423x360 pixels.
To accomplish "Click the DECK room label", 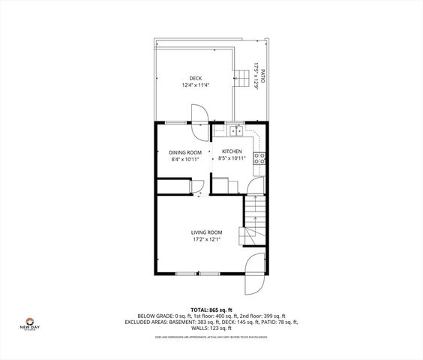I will tap(195, 78).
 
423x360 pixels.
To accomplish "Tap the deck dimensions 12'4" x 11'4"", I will tap(195, 85).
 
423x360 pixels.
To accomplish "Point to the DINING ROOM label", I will tap(185, 152).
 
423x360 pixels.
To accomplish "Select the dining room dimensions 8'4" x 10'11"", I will tap(185, 160).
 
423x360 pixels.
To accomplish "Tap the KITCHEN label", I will tap(231, 152).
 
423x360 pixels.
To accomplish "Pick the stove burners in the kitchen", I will tap(259, 158).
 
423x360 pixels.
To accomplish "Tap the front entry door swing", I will tap(254, 274).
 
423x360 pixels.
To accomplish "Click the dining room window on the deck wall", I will tap(175, 121).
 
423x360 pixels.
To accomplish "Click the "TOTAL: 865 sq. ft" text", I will tap(211, 310).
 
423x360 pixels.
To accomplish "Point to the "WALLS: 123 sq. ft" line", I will tap(211, 328).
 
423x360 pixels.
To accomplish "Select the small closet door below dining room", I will tap(198, 188).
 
